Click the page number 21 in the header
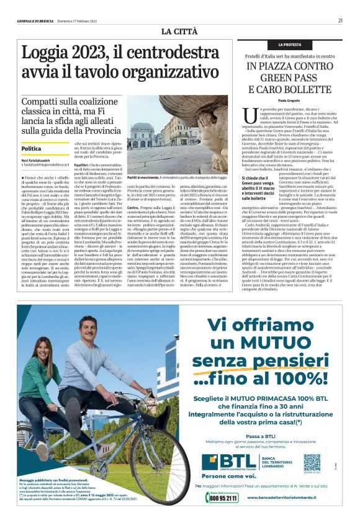pyautogui.click(x=341, y=20)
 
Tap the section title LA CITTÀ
pyautogui.click(x=179, y=31)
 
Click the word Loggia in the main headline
pyautogui.click(x=50, y=54)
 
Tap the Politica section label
pyautogui.click(x=32, y=149)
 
